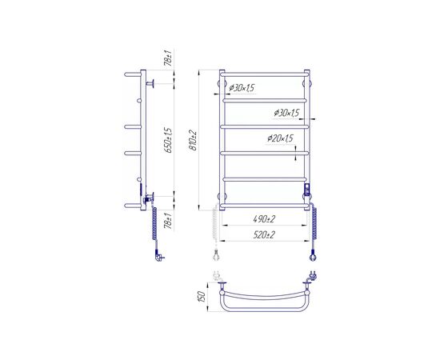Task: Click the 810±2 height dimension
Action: [194, 141]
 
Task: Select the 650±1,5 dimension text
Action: [168, 140]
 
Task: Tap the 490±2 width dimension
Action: [264, 219]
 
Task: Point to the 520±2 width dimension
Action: [264, 234]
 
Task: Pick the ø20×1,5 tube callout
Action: [280, 138]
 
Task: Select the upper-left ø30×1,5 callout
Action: [242, 88]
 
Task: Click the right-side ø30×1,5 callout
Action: [286, 113]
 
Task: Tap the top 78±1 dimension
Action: [168, 58]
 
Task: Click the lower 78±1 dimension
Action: [169, 221]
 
